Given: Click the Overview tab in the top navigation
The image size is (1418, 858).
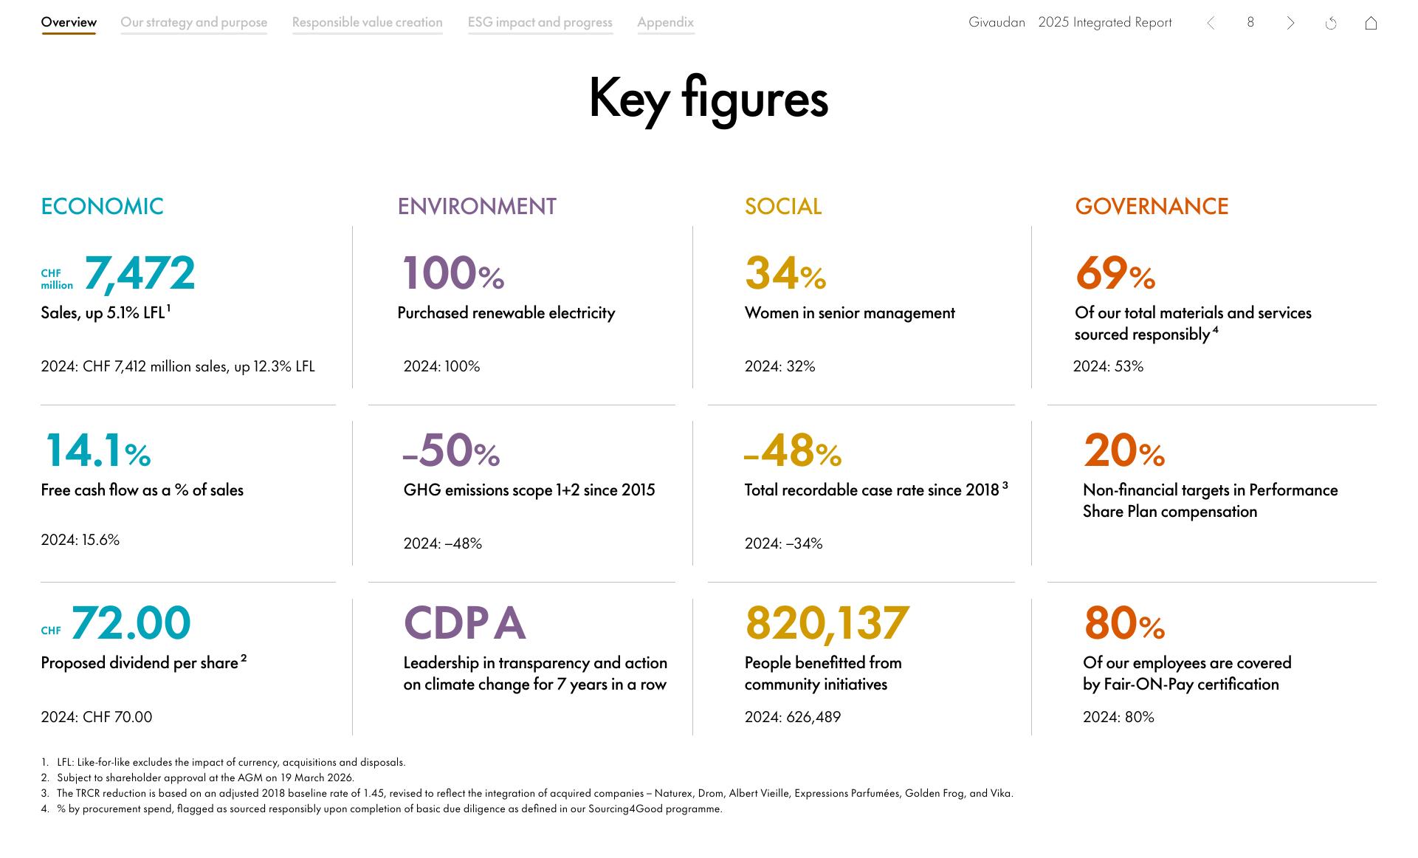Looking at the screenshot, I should pyautogui.click(x=69, y=22).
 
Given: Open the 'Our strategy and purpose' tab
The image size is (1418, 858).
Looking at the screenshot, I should pyautogui.click(x=193, y=22).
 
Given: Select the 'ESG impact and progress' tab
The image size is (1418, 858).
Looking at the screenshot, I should pyautogui.click(x=540, y=22).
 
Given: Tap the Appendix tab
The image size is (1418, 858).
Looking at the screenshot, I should pyautogui.click(x=665, y=22).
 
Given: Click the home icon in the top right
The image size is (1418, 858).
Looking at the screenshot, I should pyautogui.click(x=1371, y=23).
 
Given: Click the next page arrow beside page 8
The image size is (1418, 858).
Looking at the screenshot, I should pyautogui.click(x=1290, y=23).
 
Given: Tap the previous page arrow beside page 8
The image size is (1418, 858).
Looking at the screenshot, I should pyautogui.click(x=1211, y=23).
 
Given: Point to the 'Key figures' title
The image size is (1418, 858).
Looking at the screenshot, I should pyautogui.click(x=708, y=99).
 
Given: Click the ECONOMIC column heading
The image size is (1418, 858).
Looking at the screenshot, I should pyautogui.click(x=102, y=206).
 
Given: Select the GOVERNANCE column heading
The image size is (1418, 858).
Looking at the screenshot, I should pyautogui.click(x=1152, y=206).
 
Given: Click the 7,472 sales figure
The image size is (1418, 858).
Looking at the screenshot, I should pyautogui.click(x=140, y=273).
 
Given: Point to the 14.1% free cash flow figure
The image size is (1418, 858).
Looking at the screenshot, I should pyautogui.click(x=97, y=450).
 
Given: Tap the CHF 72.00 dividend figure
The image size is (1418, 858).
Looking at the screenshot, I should pyautogui.click(x=131, y=623).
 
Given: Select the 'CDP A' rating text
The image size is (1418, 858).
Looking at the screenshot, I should pyautogui.click(x=464, y=623).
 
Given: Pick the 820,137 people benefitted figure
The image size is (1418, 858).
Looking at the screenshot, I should pyautogui.click(x=827, y=623).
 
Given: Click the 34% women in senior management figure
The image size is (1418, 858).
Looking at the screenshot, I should pyautogui.click(x=785, y=273).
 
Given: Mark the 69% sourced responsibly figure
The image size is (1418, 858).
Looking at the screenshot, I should pyautogui.click(x=1115, y=273).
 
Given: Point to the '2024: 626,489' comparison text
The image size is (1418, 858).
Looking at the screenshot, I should pyautogui.click(x=792, y=717).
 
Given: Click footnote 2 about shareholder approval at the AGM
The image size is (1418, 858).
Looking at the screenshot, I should pyautogui.click(x=205, y=778).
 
